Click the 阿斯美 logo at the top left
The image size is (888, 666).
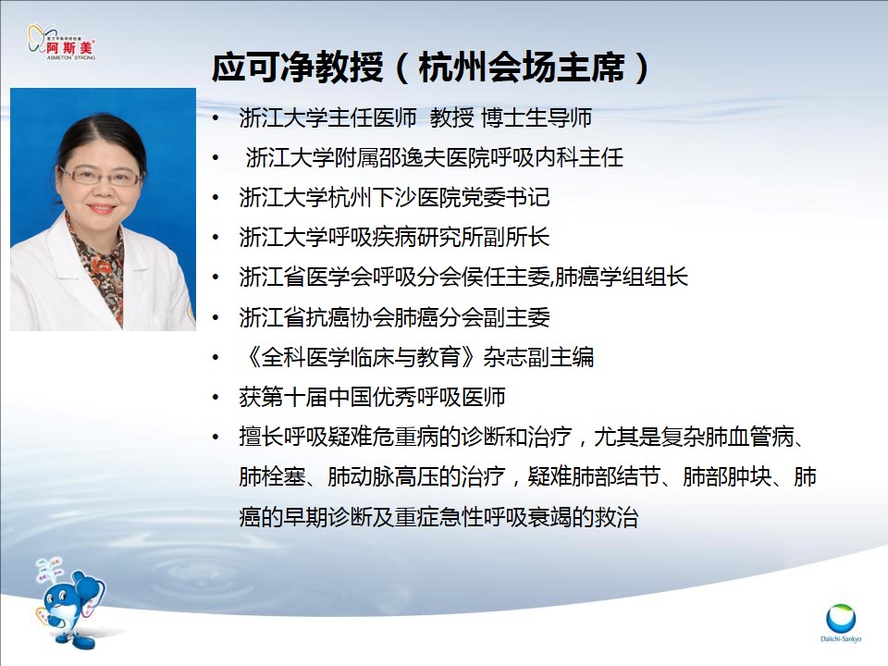pos(61,43)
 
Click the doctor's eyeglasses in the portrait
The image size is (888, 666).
pos(101,177)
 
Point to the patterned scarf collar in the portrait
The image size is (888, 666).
pos(96,266)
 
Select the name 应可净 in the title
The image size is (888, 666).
pos(253,68)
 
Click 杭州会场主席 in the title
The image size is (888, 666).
pos(522,68)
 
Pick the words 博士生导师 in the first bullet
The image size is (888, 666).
pos(536,117)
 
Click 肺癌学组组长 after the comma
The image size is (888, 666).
pos(622,277)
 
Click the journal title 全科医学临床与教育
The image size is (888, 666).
pos(362,357)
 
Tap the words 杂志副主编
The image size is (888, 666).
pos(538,357)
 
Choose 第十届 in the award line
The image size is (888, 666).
pos(294,397)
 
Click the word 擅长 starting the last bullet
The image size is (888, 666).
pos(261,437)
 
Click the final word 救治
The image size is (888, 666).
pos(616,516)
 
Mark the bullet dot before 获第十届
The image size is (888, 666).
pos(216,398)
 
